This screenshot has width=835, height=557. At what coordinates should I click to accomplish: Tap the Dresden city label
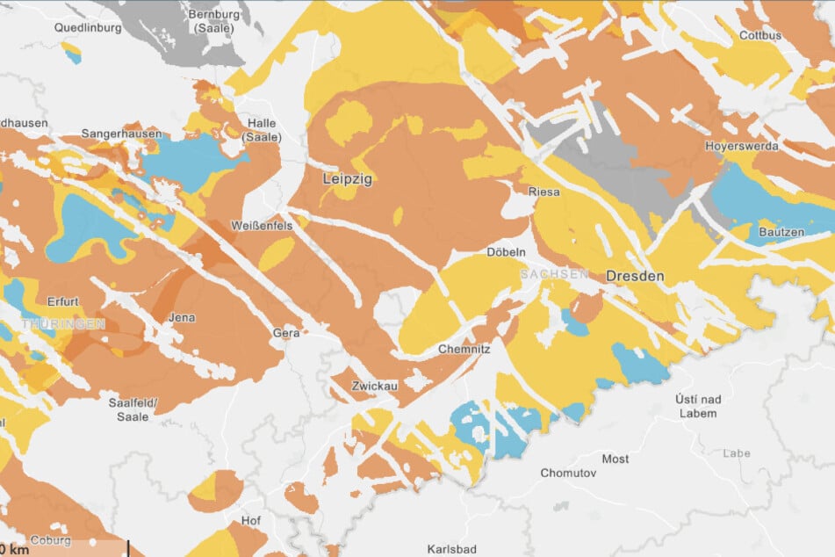(x=635, y=276)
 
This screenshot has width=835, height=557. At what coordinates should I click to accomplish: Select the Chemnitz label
(x=463, y=349)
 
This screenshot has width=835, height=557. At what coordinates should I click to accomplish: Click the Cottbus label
(x=760, y=36)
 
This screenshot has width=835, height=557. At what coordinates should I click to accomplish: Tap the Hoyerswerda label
(x=741, y=146)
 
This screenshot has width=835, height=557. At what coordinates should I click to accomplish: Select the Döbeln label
(x=506, y=252)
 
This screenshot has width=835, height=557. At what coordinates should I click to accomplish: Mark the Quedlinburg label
(x=55, y=26)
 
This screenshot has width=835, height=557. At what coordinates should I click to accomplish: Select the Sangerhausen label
(x=121, y=134)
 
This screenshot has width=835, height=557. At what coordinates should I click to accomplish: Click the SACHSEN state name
(x=554, y=275)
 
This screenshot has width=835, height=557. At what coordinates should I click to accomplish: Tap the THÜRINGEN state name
(x=62, y=324)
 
